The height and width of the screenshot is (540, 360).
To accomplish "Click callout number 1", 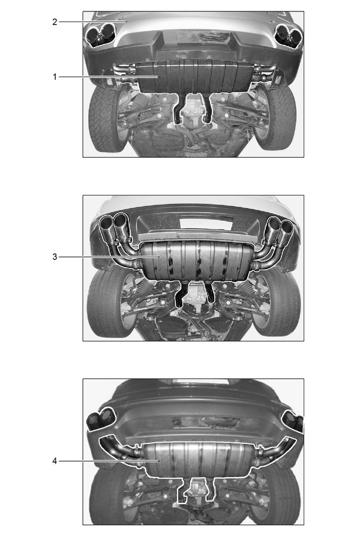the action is click(55, 77).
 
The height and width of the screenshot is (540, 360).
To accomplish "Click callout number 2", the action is click(55, 22).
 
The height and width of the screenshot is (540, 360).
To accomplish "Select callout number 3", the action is click(55, 257).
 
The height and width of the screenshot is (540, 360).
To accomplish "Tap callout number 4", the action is click(55, 461).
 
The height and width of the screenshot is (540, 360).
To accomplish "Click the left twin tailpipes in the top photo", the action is click(100, 35).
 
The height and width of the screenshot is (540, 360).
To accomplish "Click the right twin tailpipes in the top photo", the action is click(288, 35).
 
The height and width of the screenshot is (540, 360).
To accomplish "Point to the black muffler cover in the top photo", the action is click(193, 77).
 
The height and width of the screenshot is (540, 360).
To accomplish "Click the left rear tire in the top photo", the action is click(105, 118).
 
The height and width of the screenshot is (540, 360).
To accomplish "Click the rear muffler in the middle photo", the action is click(196, 260).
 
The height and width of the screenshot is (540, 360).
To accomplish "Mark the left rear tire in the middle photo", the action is click(107, 303).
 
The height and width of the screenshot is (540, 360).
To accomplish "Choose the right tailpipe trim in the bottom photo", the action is click(293, 420).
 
